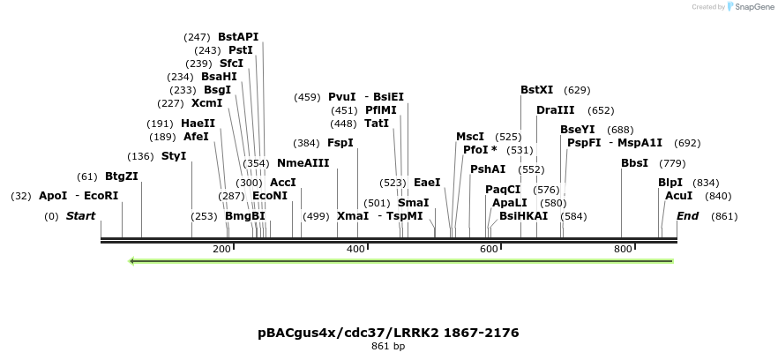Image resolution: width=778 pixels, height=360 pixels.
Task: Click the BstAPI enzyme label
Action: pos(238,37)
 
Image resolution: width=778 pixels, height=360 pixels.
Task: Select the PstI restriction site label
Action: pos(240,50)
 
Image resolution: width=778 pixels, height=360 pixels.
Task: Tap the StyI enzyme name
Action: pos(174,156)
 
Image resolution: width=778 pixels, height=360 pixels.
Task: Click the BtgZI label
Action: pos(122,176)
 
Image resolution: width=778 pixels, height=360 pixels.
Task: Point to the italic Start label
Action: pos(80,216)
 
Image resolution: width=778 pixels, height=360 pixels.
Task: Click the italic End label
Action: pos(687,216)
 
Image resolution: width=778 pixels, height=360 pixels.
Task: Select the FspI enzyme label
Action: pos(340,143)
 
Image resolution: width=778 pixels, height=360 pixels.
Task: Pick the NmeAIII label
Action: pos(303,163)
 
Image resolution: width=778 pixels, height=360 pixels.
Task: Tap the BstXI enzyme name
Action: pos(536,90)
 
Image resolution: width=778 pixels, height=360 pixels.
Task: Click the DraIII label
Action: pos(555,110)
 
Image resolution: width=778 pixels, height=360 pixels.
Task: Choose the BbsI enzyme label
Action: pos(634,163)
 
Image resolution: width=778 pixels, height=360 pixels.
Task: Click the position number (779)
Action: pos(672,163)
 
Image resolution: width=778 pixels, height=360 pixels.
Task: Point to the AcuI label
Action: pos(678,196)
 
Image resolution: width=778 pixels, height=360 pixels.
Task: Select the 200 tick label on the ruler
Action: pos(221,250)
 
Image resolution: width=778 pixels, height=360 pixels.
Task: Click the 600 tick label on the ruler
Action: pos(490,250)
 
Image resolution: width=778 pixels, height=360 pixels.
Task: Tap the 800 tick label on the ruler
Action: pos(623,250)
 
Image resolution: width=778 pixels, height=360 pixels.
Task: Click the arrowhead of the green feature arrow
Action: pos(133,261)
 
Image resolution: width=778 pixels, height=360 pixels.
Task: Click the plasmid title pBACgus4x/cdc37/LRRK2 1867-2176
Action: pos(388,333)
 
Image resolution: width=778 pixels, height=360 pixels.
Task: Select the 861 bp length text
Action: pos(388,347)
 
